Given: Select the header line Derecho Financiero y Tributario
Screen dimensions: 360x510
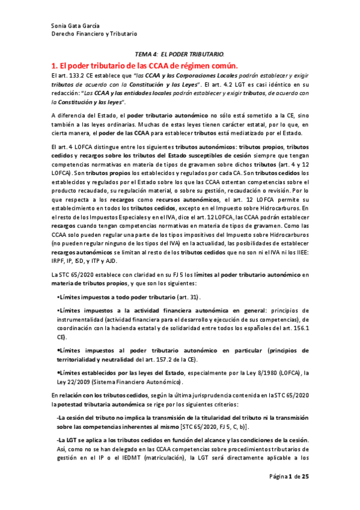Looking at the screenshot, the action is [95, 34].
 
